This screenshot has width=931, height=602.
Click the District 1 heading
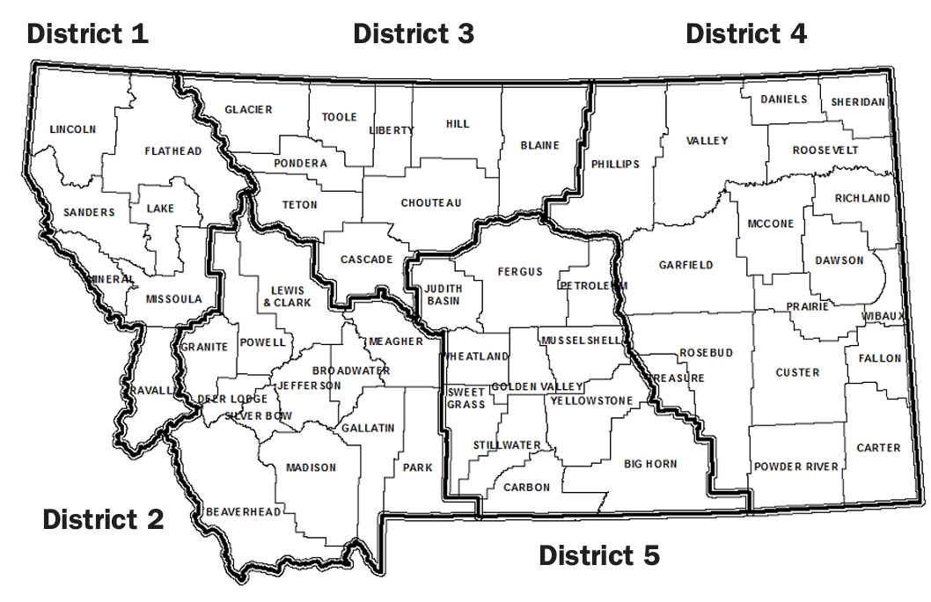tap(88, 34)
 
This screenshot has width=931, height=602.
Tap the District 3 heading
tap(414, 34)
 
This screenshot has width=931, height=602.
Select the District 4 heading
tap(746, 34)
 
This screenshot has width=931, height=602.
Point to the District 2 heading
tap(103, 519)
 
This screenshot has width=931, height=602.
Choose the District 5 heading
tap(598, 555)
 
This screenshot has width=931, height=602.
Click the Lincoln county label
tap(73, 128)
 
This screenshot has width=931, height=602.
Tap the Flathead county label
tap(173, 151)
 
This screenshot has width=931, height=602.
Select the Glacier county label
tap(248, 110)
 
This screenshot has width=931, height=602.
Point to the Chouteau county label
tap(431, 203)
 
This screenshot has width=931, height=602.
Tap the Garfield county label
tap(685, 265)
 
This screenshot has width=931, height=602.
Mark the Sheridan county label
tap(858, 102)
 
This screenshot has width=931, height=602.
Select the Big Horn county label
tap(650, 463)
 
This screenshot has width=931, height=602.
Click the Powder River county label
tap(796, 466)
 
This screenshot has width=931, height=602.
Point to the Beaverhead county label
tap(242, 511)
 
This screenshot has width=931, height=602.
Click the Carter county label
tap(880, 448)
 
